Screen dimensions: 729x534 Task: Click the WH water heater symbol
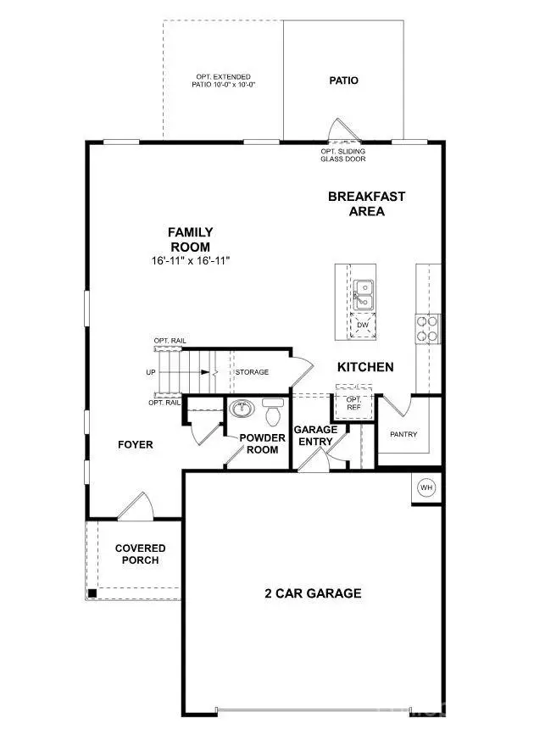426,488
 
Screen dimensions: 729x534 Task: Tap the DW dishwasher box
363,326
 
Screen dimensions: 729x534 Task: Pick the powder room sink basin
242,409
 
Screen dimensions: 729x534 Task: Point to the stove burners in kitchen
426,328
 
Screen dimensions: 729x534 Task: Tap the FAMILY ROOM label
190,239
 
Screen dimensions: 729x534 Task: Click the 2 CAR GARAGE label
312,593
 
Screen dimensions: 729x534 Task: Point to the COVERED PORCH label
140,554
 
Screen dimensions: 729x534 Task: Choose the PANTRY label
403,434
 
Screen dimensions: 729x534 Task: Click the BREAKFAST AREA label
367,203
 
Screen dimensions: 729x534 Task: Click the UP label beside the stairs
150,372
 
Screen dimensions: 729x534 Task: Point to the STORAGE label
252,372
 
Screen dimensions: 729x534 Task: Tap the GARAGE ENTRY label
315,436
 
